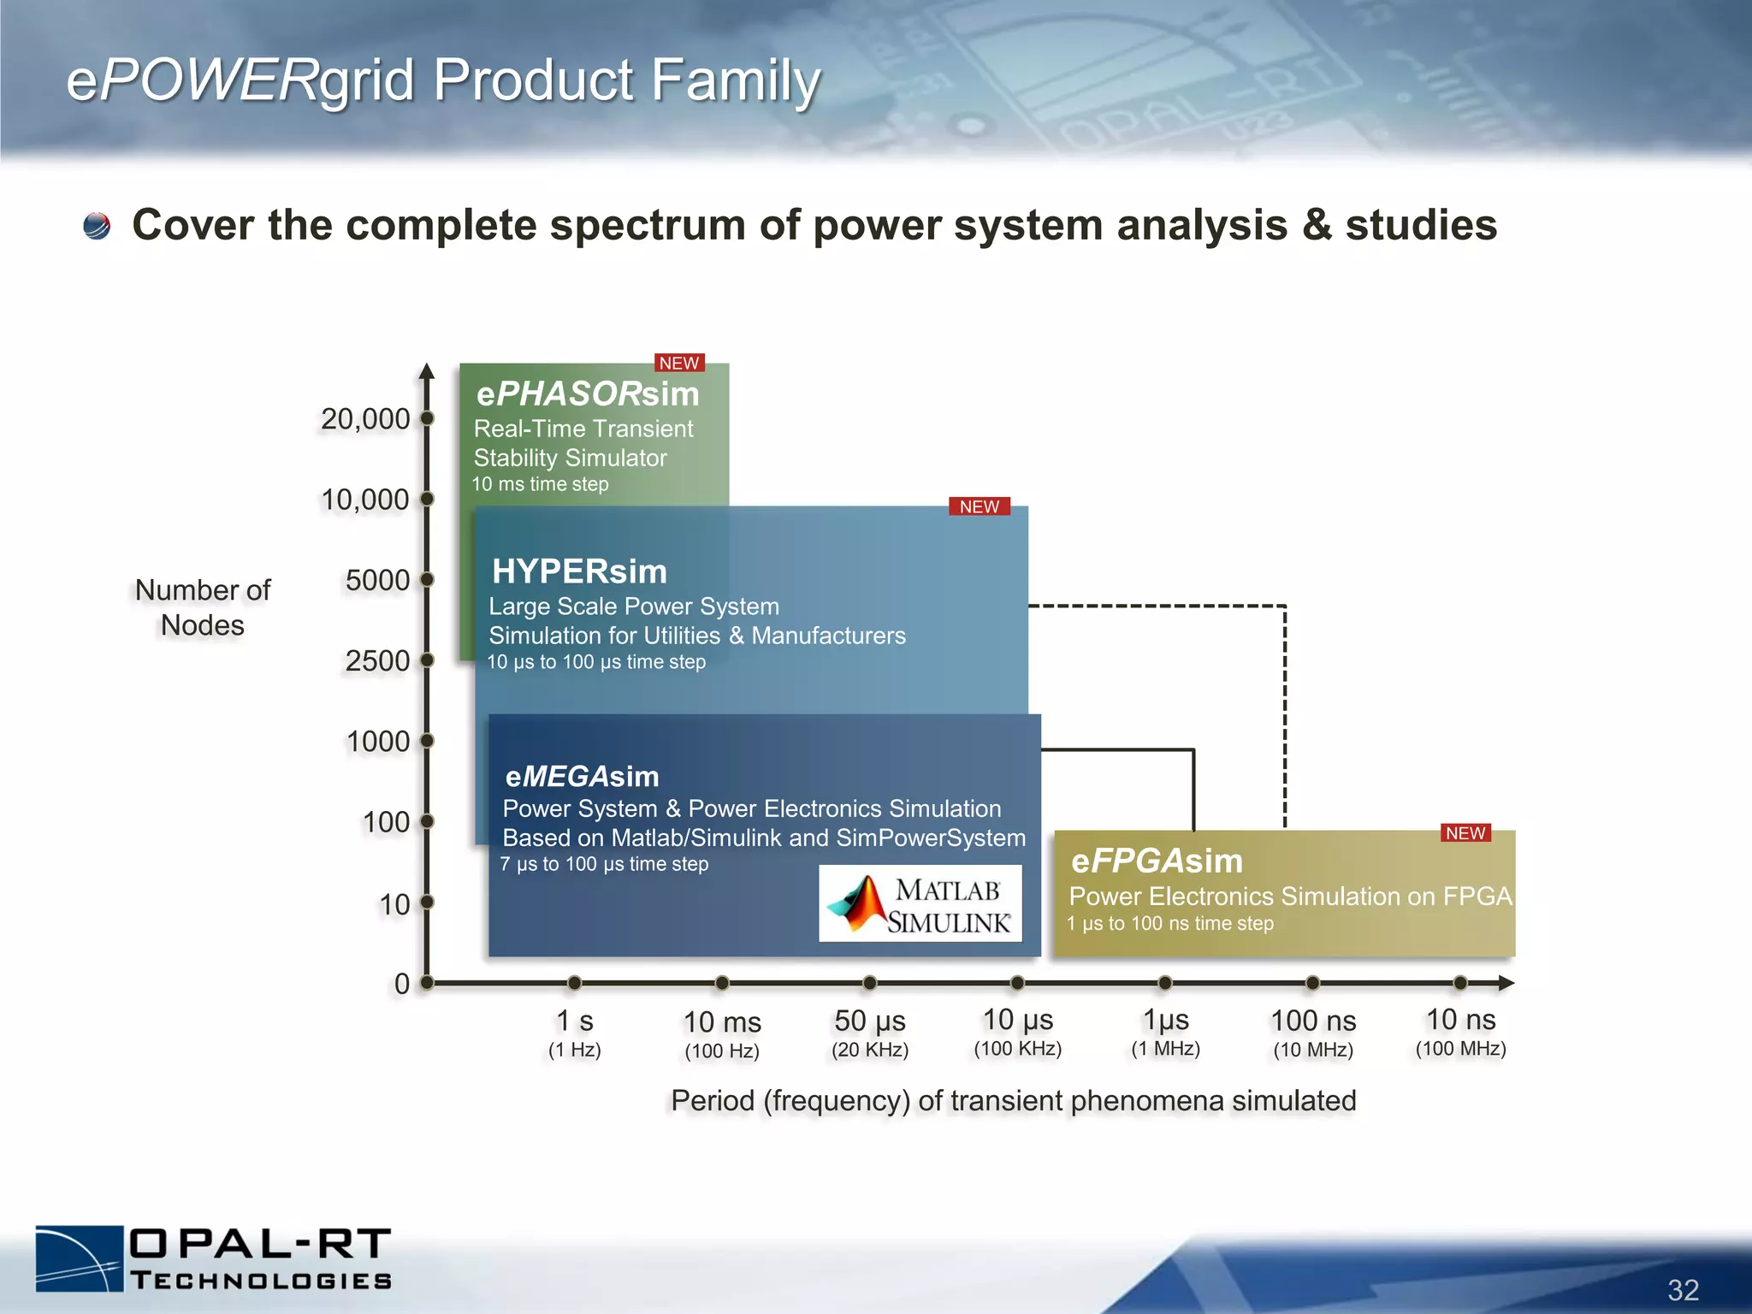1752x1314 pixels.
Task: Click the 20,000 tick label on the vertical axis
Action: [365, 419]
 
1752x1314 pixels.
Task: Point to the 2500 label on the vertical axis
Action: [377, 660]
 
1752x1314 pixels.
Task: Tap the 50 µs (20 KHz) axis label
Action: [870, 1033]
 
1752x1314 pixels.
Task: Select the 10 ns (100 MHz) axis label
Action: [1460, 1032]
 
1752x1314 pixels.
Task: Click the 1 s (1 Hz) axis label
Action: [575, 1033]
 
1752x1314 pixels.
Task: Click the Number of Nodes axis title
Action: [203, 607]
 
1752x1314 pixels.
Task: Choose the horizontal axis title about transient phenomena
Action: [1013, 1100]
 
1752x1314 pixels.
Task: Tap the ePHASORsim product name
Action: [588, 394]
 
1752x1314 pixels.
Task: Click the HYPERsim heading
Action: [579, 571]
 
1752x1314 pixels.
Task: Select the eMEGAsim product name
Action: [582, 776]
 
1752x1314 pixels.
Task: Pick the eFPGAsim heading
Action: [1157, 861]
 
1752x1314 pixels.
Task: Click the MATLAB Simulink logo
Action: [920, 904]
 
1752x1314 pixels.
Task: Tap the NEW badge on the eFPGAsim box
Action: [1465, 833]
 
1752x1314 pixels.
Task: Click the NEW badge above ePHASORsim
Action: [679, 363]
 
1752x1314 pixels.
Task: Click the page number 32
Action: [1683, 1289]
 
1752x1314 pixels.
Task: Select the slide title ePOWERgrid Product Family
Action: [443, 80]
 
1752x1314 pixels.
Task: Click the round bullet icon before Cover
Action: [97, 226]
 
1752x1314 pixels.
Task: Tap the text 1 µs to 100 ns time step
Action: [1170, 923]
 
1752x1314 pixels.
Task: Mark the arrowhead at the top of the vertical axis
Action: [427, 370]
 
